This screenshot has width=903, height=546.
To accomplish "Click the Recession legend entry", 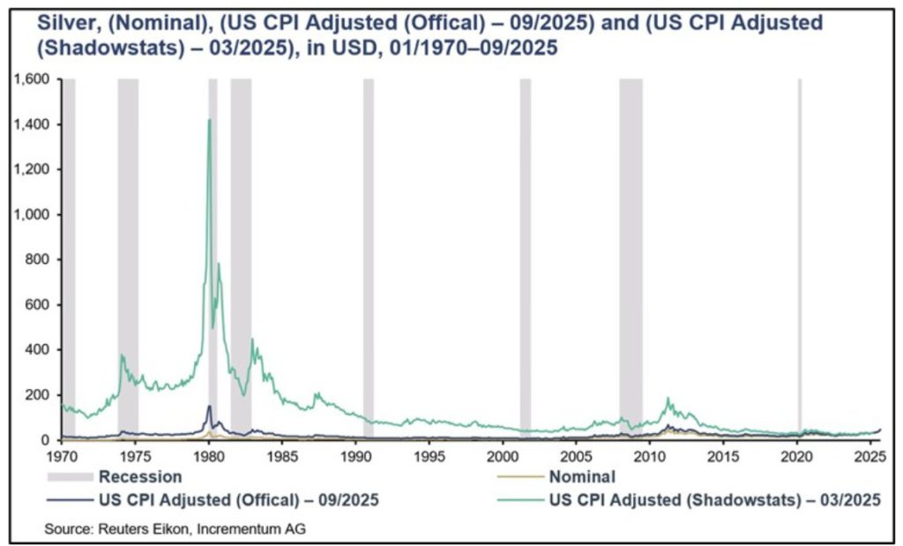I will click(x=140, y=477).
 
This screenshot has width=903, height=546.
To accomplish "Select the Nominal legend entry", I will click(x=581, y=477).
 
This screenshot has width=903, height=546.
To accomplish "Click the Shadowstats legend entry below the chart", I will click(x=713, y=499).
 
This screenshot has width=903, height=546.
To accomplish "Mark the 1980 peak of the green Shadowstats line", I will click(x=209, y=120).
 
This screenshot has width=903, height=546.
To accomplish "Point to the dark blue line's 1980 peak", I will click(x=209, y=406).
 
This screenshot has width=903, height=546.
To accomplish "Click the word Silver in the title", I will click(x=63, y=22).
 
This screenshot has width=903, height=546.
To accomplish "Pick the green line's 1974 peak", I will click(x=122, y=355).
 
